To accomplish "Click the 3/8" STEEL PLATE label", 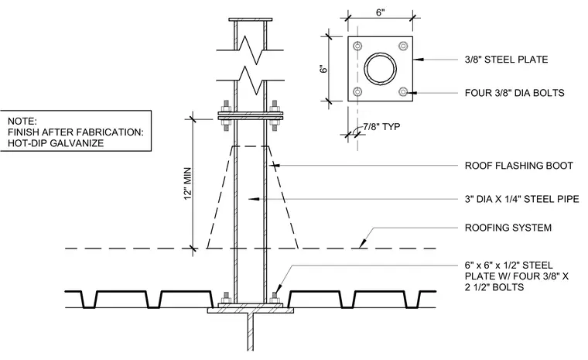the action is (506, 60).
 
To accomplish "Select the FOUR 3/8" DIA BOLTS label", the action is (514, 93).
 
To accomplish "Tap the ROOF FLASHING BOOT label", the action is (519, 166).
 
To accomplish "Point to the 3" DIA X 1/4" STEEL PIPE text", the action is (522, 199).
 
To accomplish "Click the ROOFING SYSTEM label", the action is (508, 228).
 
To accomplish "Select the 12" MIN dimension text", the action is (188, 183).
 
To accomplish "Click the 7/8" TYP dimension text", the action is (381, 126).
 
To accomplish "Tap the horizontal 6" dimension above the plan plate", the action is (380, 12).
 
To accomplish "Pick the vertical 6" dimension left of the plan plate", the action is (323, 69).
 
